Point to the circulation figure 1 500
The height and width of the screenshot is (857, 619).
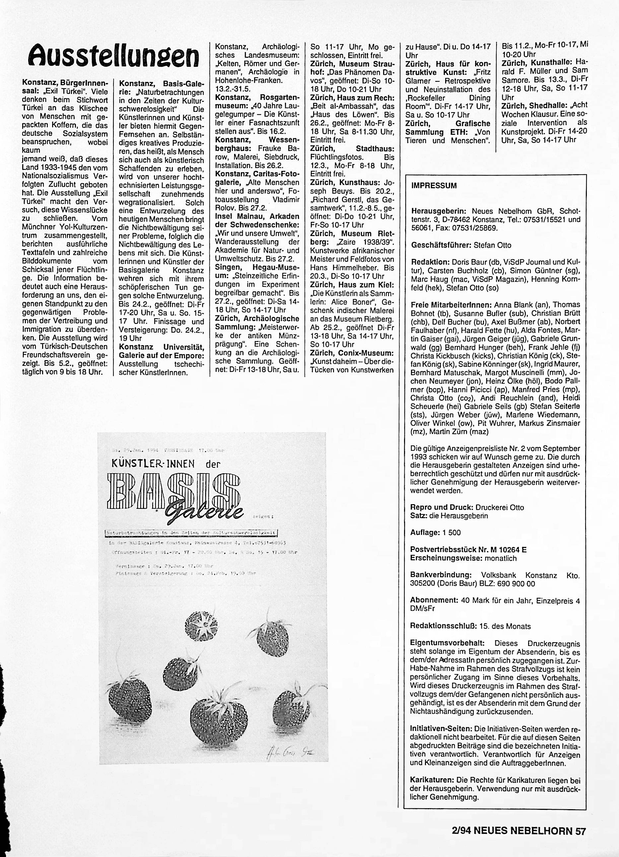coord(452,532)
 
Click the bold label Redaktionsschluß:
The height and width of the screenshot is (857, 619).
coord(444,626)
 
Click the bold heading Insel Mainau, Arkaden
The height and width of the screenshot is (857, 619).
coord(257,216)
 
